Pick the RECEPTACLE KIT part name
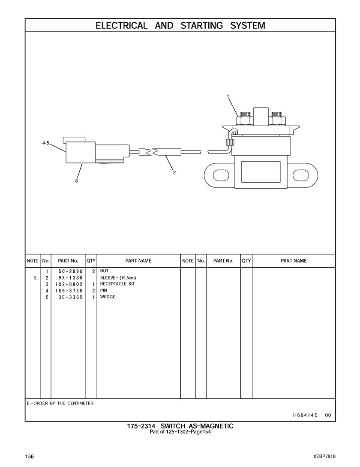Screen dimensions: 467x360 [117, 284]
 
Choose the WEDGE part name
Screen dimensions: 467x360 [108, 297]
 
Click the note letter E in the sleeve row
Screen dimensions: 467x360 [35, 278]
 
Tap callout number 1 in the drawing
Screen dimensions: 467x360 [228, 96]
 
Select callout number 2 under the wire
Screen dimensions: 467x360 [174, 172]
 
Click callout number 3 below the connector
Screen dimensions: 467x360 [76, 181]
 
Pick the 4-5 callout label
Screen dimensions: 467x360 [46, 143]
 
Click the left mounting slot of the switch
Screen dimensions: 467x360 [221, 175]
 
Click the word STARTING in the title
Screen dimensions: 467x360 [202, 25]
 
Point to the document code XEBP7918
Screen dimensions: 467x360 [324, 456]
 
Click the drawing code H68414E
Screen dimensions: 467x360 [305, 415]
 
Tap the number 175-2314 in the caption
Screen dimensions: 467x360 [142, 426]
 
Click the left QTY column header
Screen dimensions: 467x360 [91, 261]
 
